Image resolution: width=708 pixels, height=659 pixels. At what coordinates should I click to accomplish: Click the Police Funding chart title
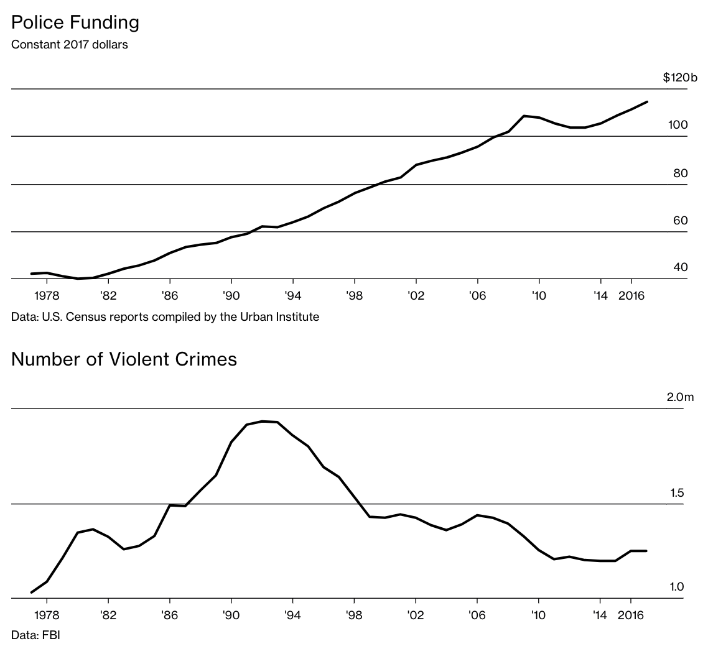coord(75,23)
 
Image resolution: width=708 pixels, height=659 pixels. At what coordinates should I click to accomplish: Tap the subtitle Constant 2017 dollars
coord(70,45)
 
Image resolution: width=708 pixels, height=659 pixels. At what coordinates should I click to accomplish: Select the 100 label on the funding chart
coord(678,125)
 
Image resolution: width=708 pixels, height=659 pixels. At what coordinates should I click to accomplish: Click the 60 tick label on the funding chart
coord(680,221)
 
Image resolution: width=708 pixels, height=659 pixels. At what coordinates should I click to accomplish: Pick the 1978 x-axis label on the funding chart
coord(47,295)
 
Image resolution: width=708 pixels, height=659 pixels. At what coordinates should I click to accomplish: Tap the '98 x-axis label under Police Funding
coord(354,295)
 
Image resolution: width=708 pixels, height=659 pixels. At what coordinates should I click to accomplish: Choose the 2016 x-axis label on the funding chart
coord(631,295)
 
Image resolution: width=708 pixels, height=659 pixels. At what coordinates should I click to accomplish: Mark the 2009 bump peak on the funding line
coord(524,116)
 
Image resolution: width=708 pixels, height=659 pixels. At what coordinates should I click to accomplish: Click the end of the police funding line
coord(647,102)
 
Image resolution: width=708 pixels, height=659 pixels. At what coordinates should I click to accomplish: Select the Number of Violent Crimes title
coord(124,359)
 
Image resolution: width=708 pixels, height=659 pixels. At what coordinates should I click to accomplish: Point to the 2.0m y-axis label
coord(679,397)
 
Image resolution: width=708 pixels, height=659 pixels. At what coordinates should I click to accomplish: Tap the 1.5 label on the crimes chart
coord(677,493)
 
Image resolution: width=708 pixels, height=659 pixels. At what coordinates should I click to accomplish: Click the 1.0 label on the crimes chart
coord(677,587)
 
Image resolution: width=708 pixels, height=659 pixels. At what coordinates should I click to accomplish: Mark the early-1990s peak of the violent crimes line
coord(262,422)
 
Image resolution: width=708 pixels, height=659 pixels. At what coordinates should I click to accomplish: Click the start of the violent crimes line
coord(32,592)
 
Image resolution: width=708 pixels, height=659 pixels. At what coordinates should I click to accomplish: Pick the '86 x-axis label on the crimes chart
coord(170,615)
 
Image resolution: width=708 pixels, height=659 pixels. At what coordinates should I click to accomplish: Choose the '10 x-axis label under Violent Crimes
coord(538,615)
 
